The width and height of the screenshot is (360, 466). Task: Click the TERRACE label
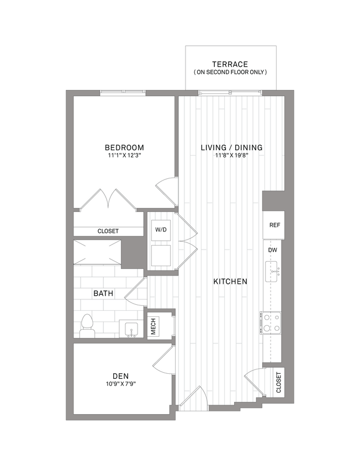[230, 64]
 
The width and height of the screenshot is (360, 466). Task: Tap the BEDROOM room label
[124, 147]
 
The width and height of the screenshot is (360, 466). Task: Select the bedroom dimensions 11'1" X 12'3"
[124, 156]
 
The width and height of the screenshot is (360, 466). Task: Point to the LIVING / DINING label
[231, 147]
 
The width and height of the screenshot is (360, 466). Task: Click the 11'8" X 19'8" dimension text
[231, 156]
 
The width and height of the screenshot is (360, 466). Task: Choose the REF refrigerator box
[274, 225]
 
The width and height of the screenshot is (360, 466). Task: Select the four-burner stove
[271, 322]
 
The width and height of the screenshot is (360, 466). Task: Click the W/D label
[161, 229]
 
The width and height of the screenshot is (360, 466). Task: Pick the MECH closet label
[153, 326]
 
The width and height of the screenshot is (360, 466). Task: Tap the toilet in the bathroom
[87, 325]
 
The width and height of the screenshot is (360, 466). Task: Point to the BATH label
[103, 294]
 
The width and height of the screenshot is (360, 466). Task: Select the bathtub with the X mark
[97, 252]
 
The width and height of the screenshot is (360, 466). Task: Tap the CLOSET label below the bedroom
[108, 232]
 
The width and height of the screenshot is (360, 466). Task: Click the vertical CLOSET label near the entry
[278, 382]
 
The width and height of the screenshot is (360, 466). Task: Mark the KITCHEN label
[230, 282]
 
